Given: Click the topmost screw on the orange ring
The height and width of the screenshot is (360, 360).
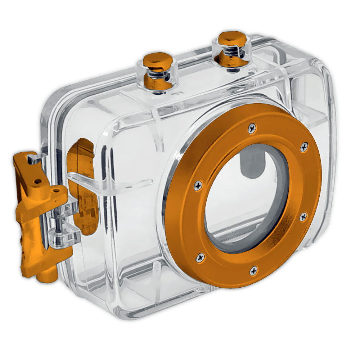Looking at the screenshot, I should coord(252,127).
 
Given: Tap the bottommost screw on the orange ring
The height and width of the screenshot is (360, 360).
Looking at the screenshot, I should coord(253,270).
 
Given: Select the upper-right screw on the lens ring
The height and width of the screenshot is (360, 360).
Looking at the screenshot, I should coord(304,147).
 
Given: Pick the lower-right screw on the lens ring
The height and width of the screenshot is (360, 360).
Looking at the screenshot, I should coord(303,217).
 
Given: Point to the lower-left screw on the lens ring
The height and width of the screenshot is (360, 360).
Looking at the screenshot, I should coord(201,257).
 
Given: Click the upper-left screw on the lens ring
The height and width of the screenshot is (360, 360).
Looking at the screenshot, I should coord(198,186).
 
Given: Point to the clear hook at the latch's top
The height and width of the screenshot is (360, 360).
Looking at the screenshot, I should coord(36,158).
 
